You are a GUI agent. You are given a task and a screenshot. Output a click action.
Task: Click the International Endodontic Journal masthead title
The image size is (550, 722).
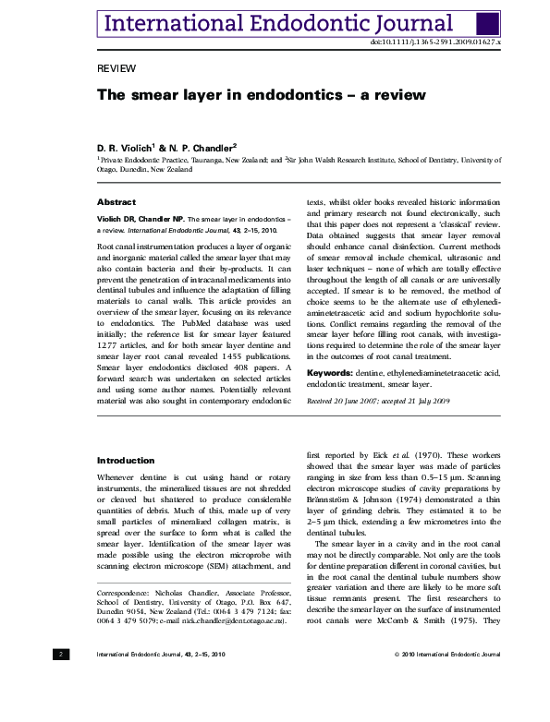tap(276, 24)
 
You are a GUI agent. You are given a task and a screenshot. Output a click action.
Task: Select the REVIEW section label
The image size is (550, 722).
tap(116, 69)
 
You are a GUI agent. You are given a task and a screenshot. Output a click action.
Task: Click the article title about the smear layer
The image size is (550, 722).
tap(249, 95)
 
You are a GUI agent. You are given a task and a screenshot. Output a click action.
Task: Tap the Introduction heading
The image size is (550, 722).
tap(126, 460)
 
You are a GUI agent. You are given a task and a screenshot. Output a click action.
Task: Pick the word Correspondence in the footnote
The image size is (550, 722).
tap(129, 590)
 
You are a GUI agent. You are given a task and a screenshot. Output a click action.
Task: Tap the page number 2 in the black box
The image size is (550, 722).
tap(60, 654)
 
